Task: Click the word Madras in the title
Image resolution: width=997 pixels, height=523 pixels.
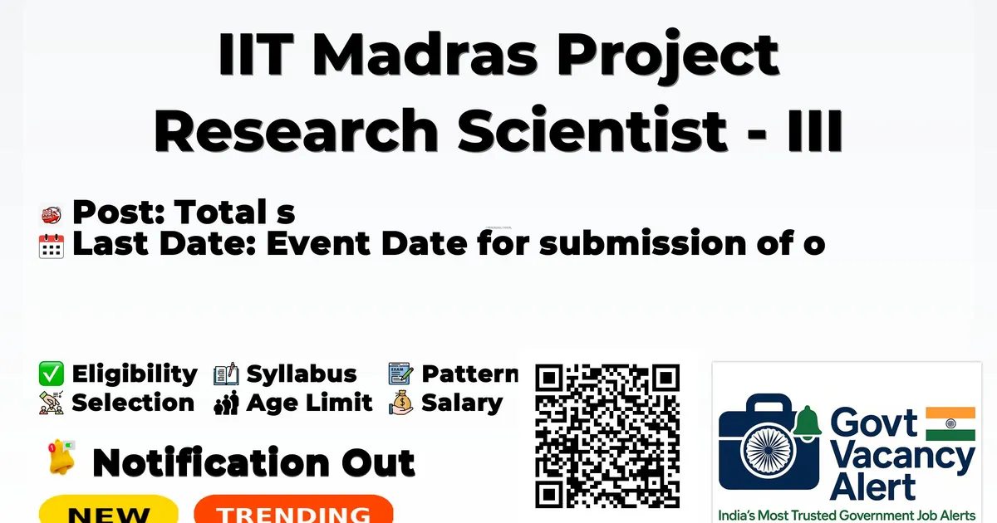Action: click(x=428, y=54)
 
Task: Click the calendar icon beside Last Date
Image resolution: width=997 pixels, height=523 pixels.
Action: click(x=52, y=246)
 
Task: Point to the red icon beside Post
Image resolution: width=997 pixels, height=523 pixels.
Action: click(x=52, y=215)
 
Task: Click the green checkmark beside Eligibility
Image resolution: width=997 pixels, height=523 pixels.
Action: click(x=52, y=374)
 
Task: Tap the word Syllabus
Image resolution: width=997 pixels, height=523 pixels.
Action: click(x=302, y=374)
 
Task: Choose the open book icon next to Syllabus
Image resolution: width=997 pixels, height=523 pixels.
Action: click(x=226, y=374)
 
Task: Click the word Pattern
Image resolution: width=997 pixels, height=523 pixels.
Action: click(x=470, y=374)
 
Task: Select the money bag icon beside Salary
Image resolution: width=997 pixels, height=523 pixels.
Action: click(x=401, y=403)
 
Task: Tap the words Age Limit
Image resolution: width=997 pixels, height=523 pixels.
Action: click(x=309, y=403)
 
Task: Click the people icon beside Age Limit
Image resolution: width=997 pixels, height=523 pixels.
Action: click(x=227, y=403)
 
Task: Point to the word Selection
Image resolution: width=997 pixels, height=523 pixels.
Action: click(x=133, y=403)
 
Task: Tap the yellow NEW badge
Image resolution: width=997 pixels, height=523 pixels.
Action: click(x=109, y=509)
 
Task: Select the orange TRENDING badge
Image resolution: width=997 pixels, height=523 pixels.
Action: click(x=294, y=509)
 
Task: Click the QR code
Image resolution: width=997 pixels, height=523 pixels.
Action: click(x=607, y=436)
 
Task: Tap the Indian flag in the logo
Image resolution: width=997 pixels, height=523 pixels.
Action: click(x=950, y=423)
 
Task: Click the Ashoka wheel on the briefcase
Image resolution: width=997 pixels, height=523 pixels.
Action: click(x=769, y=450)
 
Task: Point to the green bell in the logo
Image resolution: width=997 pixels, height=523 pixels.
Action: click(x=808, y=423)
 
